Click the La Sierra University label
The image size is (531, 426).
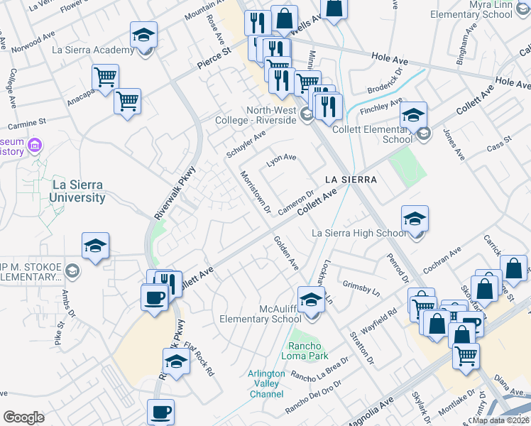tap(77, 191)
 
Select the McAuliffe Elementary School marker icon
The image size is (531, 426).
tap(310, 300)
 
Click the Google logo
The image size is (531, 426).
tap(24, 417)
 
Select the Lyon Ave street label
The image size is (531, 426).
tap(280, 161)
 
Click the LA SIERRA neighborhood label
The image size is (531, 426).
tap(351, 180)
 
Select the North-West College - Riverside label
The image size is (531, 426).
tap(270, 115)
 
